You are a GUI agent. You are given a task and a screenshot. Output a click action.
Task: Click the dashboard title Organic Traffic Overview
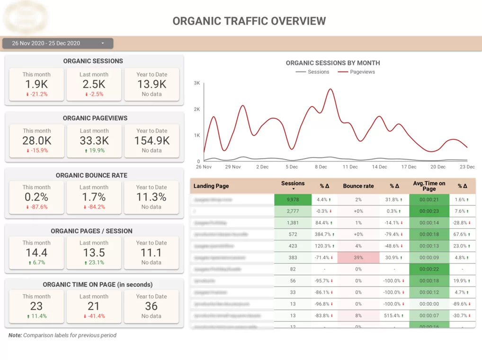[x=249, y=21]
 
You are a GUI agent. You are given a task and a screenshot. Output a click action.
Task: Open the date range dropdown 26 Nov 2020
[x=58, y=44]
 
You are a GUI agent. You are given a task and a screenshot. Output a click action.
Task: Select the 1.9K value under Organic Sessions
[x=36, y=84]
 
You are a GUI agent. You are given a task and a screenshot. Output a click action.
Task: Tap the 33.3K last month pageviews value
[x=94, y=140]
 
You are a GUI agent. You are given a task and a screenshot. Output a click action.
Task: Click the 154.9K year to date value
[x=152, y=140]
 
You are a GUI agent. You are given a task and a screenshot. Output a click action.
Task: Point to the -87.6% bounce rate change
[x=36, y=207]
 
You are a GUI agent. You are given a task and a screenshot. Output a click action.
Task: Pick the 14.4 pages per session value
[x=36, y=253]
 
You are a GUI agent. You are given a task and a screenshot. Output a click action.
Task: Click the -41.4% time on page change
[x=94, y=316]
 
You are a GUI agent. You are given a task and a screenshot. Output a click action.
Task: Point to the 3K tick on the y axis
[x=196, y=83]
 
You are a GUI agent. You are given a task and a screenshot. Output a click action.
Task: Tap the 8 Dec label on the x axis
[x=321, y=167]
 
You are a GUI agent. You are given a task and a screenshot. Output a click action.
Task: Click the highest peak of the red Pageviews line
[x=330, y=89]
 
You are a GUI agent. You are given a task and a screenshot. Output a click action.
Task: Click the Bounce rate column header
[x=358, y=186]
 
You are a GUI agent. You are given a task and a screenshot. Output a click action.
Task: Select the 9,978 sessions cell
[x=293, y=200]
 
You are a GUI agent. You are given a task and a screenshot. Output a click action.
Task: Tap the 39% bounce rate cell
[x=358, y=257]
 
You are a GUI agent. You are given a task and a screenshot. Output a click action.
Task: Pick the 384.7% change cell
[x=324, y=234]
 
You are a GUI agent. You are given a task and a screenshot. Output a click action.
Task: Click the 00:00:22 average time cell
[x=429, y=269]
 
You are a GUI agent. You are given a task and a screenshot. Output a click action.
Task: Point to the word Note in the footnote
[x=15, y=335]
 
